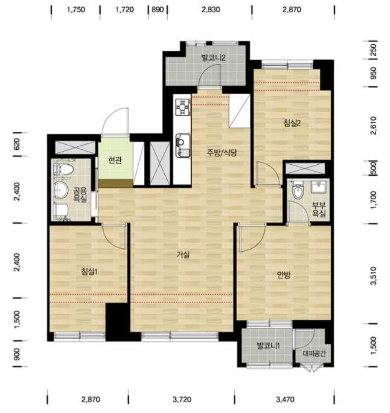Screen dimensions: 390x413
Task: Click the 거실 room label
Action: click(x=183, y=254)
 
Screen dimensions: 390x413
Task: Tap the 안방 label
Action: click(x=284, y=275)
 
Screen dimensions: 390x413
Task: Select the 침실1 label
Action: click(x=90, y=271)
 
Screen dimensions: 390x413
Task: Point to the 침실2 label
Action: click(x=292, y=123)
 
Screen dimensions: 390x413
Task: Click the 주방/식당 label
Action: click(x=222, y=153)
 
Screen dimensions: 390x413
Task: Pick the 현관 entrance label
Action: click(x=115, y=160)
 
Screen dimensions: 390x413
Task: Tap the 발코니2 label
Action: click(x=213, y=58)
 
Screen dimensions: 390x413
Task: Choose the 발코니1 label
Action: click(x=268, y=346)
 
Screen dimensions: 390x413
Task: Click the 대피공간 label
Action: click(x=314, y=353)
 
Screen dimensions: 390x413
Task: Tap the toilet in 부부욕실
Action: click(x=298, y=191)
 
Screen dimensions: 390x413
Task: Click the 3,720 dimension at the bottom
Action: click(x=182, y=400)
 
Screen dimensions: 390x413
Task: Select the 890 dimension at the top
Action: click(x=157, y=10)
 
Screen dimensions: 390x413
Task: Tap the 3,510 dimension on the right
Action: click(x=373, y=276)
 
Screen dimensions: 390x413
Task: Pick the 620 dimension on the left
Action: click(x=16, y=144)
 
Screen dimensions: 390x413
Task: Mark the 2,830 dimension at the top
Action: click(x=211, y=10)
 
